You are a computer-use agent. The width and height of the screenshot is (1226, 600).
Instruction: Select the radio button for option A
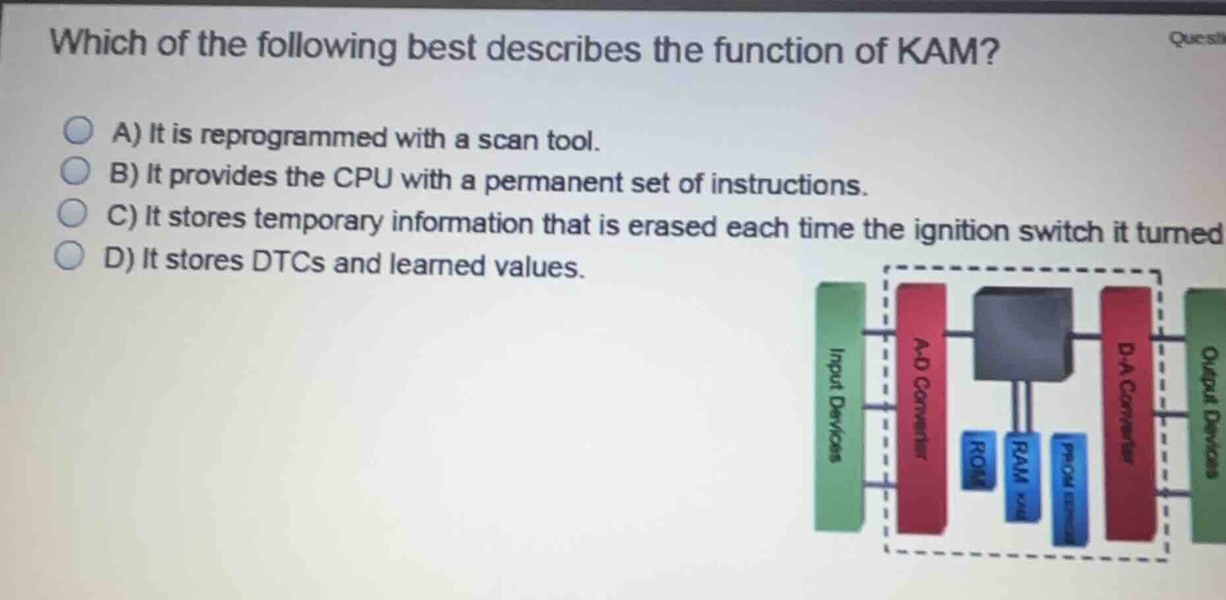pyautogui.click(x=78, y=131)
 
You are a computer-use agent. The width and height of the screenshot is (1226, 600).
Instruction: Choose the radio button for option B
pyautogui.click(x=75, y=171)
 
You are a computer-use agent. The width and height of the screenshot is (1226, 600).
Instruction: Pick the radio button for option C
pyautogui.click(x=72, y=214)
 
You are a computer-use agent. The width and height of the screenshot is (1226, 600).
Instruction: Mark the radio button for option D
pyautogui.click(x=69, y=257)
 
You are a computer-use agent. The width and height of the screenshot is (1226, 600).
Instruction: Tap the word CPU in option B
pyautogui.click(x=362, y=178)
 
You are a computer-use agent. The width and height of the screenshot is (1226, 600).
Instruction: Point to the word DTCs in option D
pyautogui.click(x=289, y=262)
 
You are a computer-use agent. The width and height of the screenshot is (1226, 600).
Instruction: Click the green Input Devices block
pyautogui.click(x=838, y=407)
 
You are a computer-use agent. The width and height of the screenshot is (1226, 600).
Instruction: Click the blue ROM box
pyautogui.click(x=978, y=460)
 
